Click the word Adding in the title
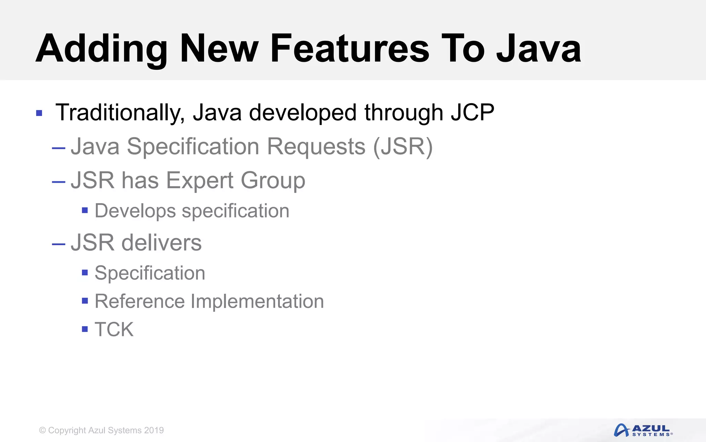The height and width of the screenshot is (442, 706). pos(101,49)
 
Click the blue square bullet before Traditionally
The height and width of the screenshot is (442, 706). pos(39,113)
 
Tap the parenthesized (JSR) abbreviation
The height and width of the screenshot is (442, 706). pos(403,147)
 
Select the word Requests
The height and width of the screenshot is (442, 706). pos(316,146)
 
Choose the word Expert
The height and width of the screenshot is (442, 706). pos(200,180)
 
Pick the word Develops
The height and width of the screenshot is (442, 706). pos(135,211)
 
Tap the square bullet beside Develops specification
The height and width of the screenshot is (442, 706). pos(85,210)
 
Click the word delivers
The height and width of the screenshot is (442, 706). pos(161,242)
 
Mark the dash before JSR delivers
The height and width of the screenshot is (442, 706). pos(59,244)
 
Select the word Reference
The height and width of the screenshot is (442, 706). pos(140,301)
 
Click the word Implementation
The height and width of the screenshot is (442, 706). pos(257,301)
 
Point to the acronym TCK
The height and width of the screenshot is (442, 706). pos(114,329)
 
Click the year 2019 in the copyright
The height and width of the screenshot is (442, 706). pos(154,430)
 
